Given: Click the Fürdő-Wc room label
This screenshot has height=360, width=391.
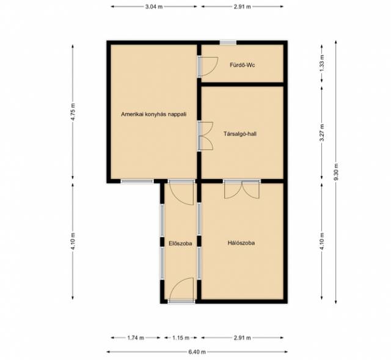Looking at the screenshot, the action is pyautogui.click(x=242, y=65).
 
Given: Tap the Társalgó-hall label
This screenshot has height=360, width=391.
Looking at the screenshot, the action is pyautogui.click(x=240, y=134).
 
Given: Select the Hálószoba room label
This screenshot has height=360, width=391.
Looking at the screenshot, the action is pyautogui.click(x=241, y=243).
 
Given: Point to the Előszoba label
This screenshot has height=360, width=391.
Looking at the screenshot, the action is pyautogui.click(x=180, y=243).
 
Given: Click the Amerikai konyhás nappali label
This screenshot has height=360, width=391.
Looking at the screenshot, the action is pyautogui.click(x=153, y=114).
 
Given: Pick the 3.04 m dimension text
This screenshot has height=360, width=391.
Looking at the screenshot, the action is pyautogui.click(x=154, y=7).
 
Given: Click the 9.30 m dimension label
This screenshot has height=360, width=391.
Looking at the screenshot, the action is pyautogui.click(x=336, y=172).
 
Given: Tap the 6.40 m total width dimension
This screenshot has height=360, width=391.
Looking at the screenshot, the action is pyautogui.click(x=197, y=352).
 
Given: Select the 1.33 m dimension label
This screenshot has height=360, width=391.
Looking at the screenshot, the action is pyautogui.click(x=322, y=63).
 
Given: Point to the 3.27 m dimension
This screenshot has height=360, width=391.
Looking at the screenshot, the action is pyautogui.click(x=322, y=133).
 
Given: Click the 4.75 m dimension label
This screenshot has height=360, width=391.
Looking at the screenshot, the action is pyautogui.click(x=73, y=112).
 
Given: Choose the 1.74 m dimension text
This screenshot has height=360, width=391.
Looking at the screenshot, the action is pyautogui.click(x=136, y=338).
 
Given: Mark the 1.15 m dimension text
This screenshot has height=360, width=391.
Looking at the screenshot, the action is pyautogui.click(x=181, y=338).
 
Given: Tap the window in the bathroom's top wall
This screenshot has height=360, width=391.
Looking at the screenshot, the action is pyautogui.click(x=228, y=43).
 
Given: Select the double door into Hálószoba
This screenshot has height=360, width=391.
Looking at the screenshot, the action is pyautogui.click(x=242, y=189).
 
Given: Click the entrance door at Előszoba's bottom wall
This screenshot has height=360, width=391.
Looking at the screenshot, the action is pyautogui.click(x=181, y=290).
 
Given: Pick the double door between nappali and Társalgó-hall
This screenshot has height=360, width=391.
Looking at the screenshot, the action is pyautogui.click(x=205, y=136).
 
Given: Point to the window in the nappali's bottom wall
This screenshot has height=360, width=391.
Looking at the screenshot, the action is pyautogui.click(x=137, y=182).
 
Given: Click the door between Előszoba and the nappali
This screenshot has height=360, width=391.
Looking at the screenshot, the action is pyautogui.click(x=181, y=192).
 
